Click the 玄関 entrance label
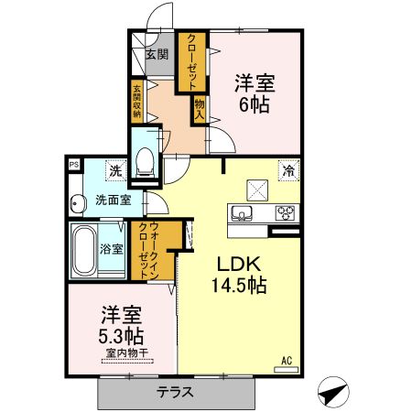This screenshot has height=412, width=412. pos(157,54)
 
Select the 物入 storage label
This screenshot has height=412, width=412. pos(197,111)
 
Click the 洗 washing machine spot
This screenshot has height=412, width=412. pos(115,170)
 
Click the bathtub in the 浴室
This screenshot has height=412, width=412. pos(83,248)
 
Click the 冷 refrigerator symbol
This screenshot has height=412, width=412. pos(288,170)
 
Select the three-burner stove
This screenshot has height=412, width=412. pos(286,214)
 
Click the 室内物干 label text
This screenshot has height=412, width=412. pos(123,353)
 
